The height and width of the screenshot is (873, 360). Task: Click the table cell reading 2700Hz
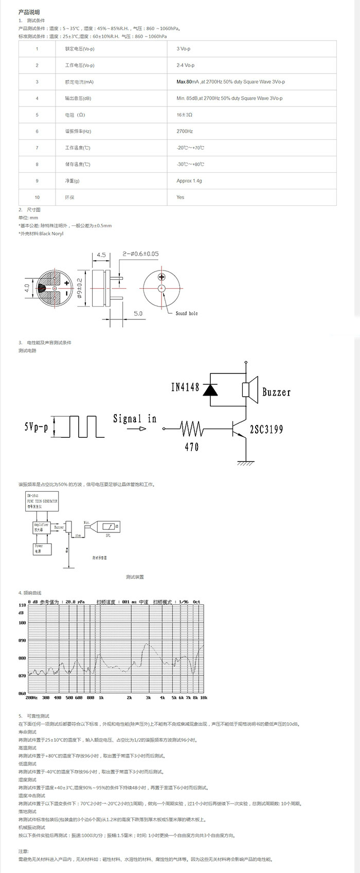click(185, 131)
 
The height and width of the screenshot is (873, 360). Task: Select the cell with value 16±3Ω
click(184, 115)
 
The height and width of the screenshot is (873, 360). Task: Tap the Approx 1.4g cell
click(189, 181)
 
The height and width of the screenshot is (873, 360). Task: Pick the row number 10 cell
click(37, 198)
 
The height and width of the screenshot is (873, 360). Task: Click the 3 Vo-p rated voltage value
click(184, 49)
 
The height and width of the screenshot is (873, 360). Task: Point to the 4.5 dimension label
click(101, 255)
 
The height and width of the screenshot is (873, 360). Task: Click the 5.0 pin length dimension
click(138, 313)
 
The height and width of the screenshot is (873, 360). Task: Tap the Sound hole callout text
click(186, 313)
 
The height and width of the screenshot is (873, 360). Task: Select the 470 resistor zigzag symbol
click(192, 428)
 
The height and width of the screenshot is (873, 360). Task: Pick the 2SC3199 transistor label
click(266, 429)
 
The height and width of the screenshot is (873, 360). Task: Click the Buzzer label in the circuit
click(277, 392)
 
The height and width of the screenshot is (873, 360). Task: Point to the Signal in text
click(135, 419)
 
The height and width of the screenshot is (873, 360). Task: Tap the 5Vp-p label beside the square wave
click(36, 427)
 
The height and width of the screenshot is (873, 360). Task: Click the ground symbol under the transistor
click(246, 462)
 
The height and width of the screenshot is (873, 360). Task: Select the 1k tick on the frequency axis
click(101, 698)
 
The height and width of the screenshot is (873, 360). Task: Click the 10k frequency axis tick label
click(203, 698)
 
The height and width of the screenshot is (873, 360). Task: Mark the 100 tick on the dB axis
click(22, 622)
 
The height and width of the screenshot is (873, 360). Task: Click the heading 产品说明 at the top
click(29, 12)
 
